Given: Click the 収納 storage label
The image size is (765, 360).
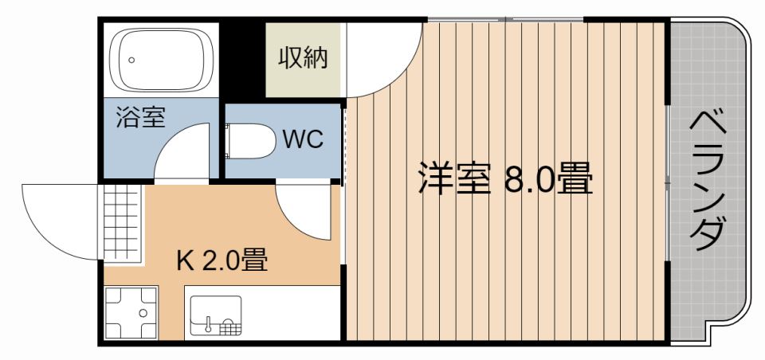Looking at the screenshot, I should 303,59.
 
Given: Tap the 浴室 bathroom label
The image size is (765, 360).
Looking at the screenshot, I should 140,117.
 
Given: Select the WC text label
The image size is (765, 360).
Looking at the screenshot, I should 303,140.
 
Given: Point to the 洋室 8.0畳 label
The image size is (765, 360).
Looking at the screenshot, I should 506,179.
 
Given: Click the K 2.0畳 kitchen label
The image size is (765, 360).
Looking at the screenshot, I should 221,260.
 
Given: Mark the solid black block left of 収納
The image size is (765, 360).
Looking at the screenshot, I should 241,61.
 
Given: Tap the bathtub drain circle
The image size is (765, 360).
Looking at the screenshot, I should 131,60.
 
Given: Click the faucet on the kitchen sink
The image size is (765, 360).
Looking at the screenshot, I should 207,325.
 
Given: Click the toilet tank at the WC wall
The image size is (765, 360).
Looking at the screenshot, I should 230,140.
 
